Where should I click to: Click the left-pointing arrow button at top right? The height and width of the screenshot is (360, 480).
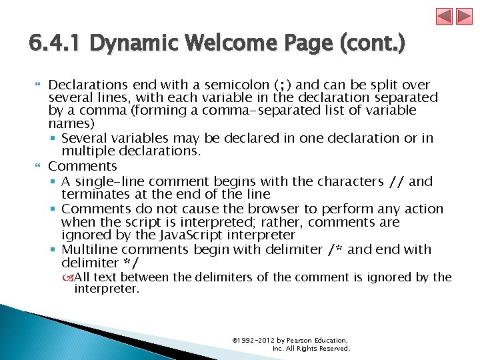445,16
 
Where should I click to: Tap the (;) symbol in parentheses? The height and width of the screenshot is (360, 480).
283,85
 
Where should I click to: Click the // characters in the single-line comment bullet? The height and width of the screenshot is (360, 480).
397,181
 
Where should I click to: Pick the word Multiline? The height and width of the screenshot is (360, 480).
89,249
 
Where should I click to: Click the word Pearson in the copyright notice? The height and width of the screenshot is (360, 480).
299,340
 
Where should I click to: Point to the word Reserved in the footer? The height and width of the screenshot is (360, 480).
335,348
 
